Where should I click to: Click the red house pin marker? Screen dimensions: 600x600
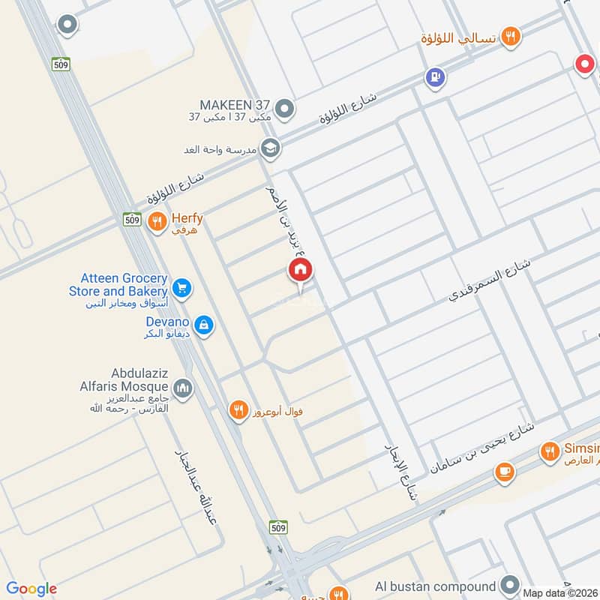(301, 270)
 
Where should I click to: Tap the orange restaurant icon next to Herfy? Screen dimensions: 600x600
(157, 220)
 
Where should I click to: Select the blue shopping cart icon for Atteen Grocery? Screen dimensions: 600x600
(181, 287)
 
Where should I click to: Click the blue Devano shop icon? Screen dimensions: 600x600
(202, 325)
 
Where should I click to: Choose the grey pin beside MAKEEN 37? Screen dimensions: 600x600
(284, 110)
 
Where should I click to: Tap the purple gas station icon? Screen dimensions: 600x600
(434, 76)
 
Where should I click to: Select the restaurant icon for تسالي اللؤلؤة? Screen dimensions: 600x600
(511, 35)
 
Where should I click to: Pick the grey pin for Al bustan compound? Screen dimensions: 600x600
(510, 585)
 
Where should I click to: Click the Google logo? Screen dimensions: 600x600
(31, 589)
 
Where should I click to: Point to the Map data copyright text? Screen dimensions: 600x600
(560, 592)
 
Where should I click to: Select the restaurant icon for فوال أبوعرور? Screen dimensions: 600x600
(238, 410)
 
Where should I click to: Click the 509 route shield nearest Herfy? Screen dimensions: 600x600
(132, 219)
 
